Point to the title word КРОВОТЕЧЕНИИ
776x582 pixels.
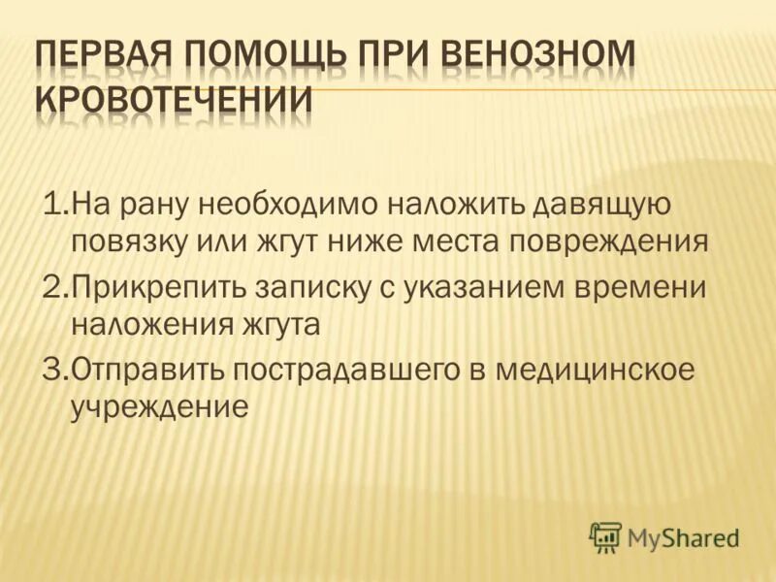[x=175, y=101]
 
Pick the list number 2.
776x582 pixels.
[x=52, y=289]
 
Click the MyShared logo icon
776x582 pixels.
[x=605, y=535]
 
